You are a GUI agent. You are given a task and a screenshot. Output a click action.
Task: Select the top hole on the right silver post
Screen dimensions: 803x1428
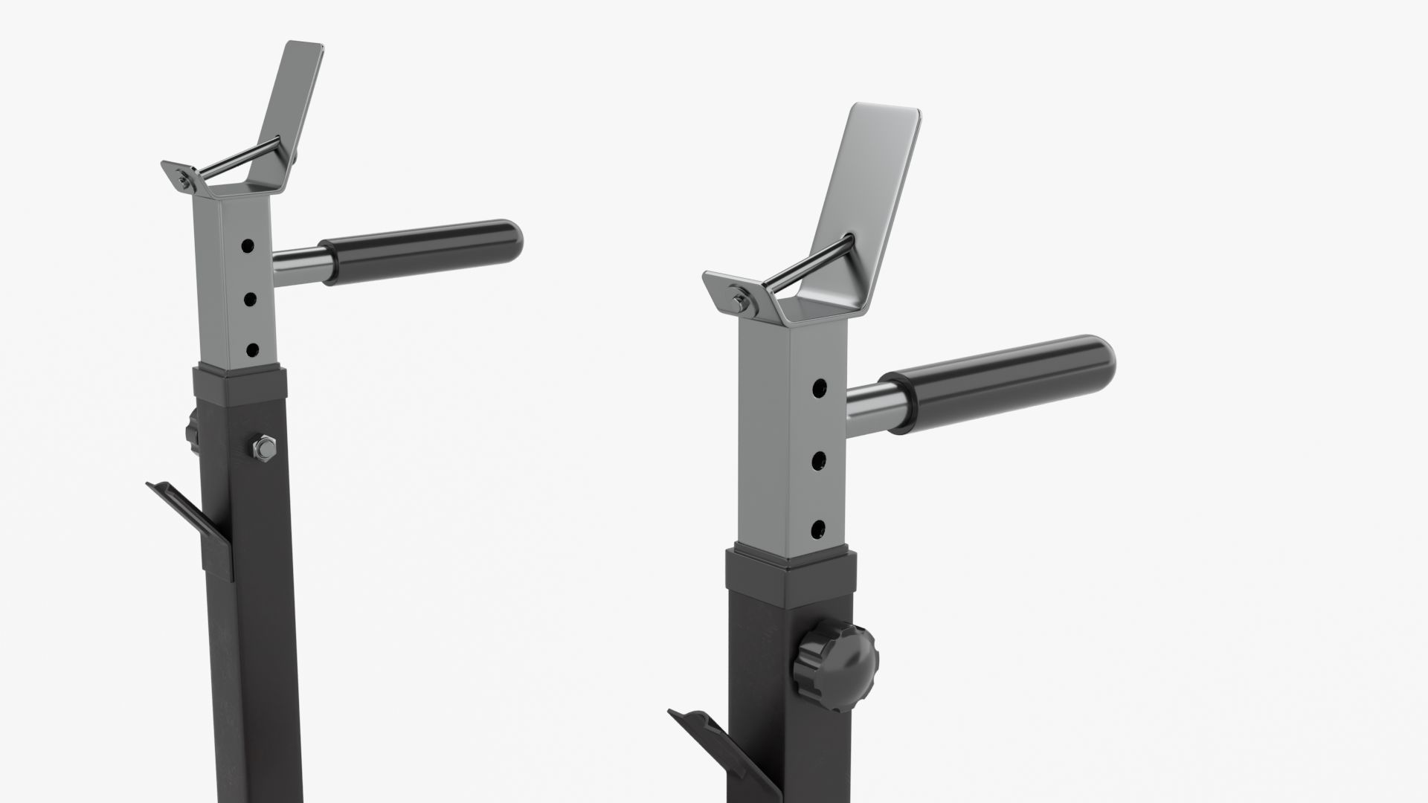[819, 388]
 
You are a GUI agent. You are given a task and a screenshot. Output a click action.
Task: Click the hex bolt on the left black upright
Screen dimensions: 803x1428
[263, 448]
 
